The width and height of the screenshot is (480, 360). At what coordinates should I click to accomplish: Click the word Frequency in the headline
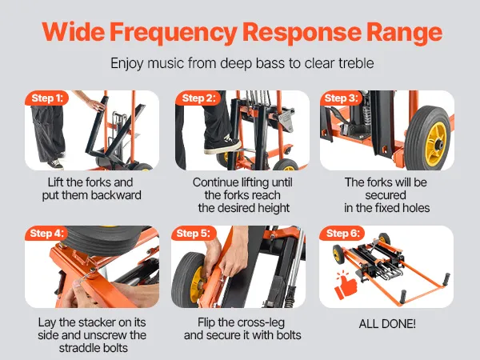pos(174,33)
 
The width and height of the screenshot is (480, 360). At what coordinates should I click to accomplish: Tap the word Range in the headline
pos(404,33)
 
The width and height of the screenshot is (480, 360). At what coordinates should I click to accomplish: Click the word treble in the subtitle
pos(356,63)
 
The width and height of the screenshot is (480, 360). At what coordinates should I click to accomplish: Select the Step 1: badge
pos(47,98)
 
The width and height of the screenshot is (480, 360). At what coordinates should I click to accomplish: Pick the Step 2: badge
pos(198,98)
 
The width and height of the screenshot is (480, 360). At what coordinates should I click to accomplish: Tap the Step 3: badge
pos(341,98)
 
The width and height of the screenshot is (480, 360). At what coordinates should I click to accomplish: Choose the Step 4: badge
pos(47,234)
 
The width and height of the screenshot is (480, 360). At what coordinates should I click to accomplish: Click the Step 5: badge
pos(194,234)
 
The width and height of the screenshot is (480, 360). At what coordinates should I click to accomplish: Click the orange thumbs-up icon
pos(346,286)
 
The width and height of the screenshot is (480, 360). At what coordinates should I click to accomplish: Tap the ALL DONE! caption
pos(387,323)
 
